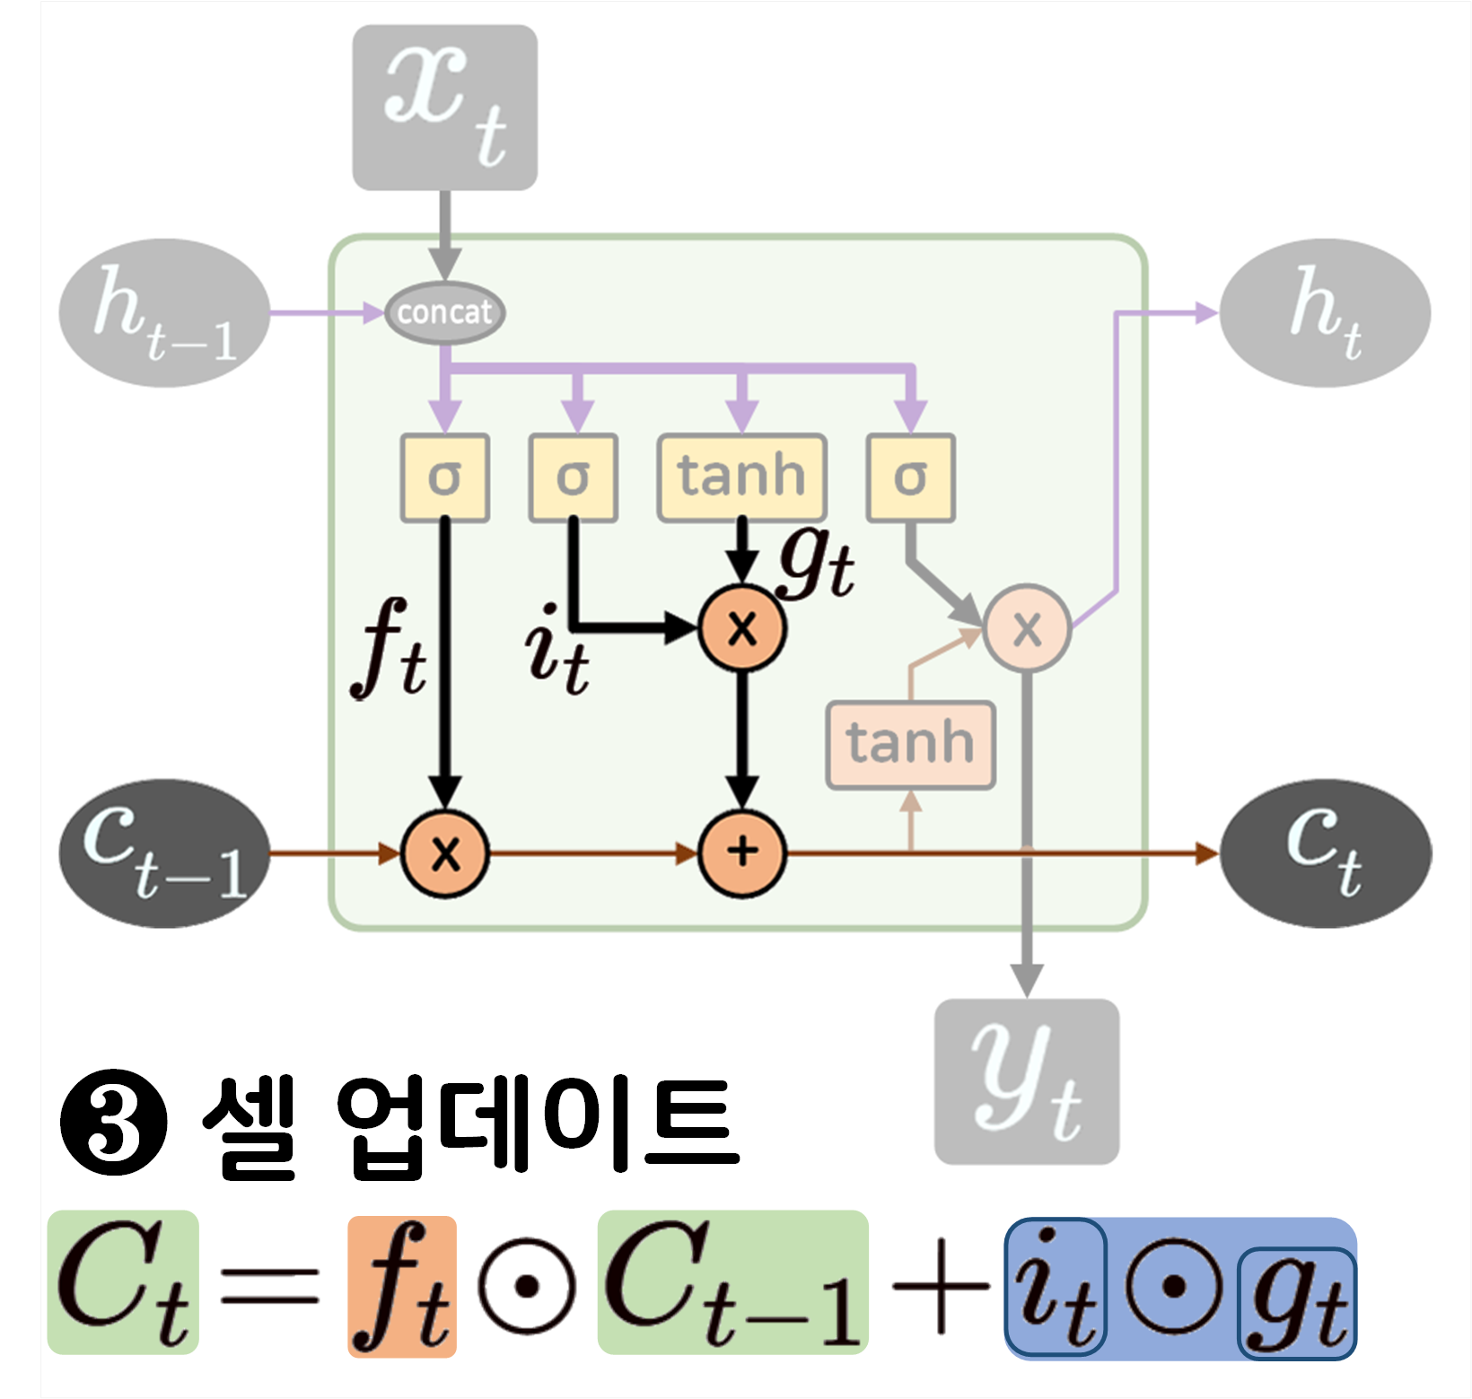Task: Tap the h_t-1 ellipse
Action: (164, 312)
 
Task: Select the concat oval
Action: (444, 312)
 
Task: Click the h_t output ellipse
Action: (1325, 312)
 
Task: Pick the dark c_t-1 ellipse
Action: (164, 853)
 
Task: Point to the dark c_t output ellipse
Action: (1325, 853)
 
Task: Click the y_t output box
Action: (1027, 1081)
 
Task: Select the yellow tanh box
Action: (741, 477)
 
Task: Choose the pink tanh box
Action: (910, 745)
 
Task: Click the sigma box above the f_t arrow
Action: (444, 477)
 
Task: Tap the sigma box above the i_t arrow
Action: (573, 477)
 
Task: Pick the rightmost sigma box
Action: (910, 477)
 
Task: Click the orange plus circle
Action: (742, 853)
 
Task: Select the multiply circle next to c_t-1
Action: (445, 853)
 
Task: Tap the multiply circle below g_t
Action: (742, 628)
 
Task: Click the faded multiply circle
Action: (1027, 628)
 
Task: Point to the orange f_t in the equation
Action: (402, 1285)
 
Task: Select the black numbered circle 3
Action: (114, 1122)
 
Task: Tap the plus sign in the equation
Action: (939, 1285)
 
